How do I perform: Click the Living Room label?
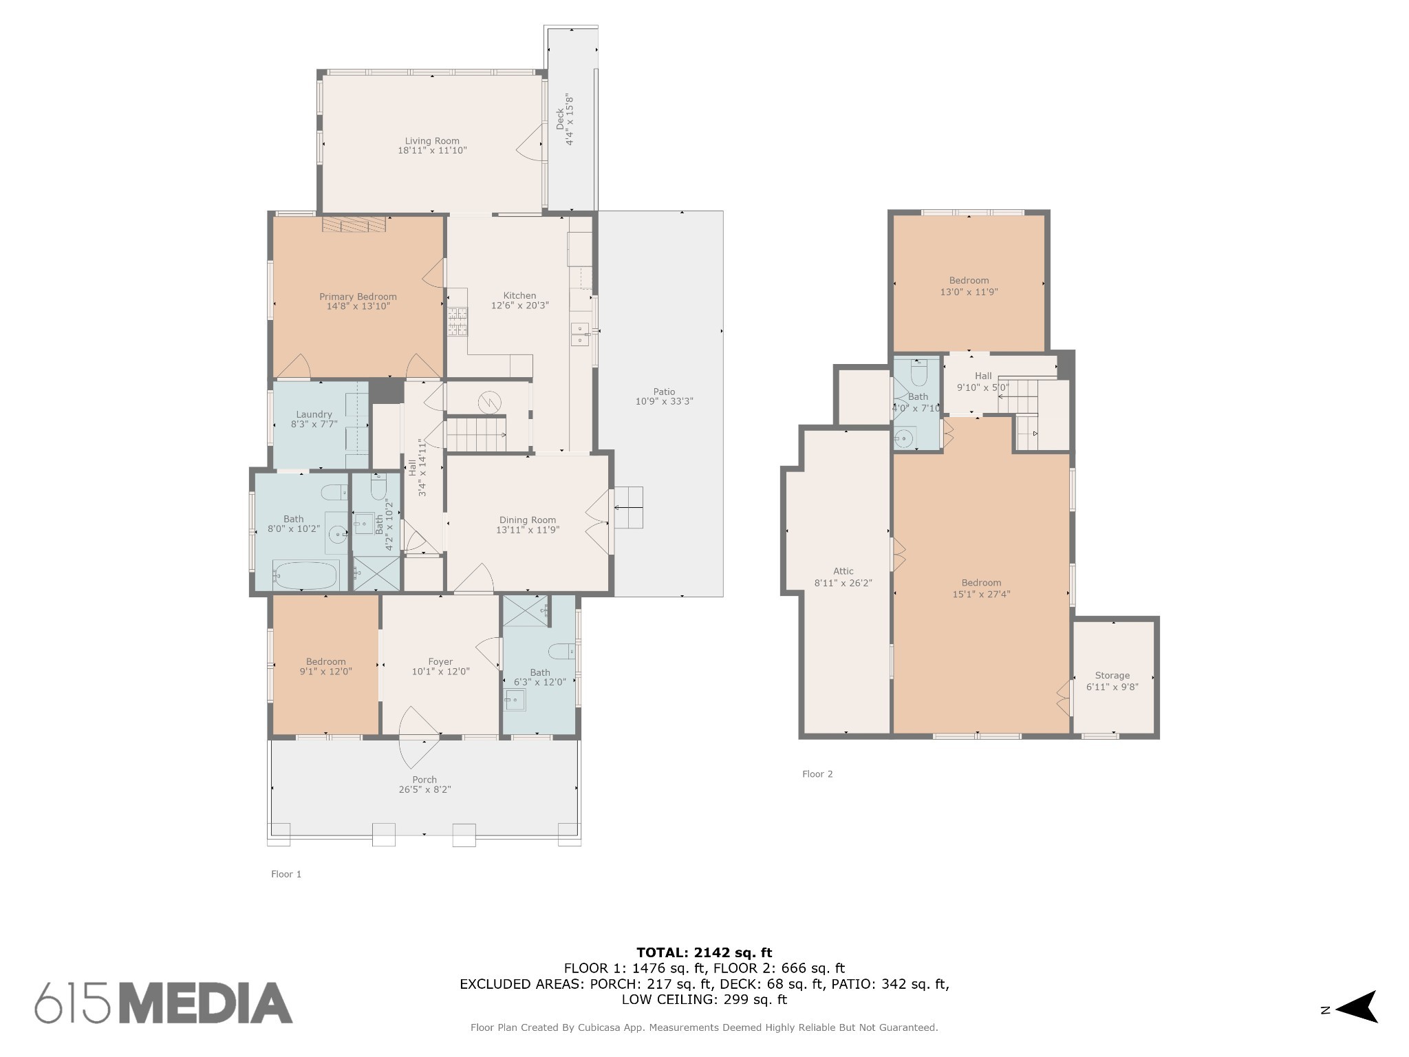tap(432, 141)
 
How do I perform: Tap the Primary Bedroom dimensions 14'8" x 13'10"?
tap(358, 306)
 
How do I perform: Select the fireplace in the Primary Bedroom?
tap(354, 224)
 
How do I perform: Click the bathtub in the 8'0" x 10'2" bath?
tap(306, 575)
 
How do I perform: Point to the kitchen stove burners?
tap(457, 322)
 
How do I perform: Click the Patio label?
tap(664, 392)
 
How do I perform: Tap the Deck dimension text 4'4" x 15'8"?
tap(570, 120)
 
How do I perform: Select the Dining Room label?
tap(528, 520)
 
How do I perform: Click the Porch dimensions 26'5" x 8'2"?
tap(424, 789)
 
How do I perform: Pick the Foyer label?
tap(440, 662)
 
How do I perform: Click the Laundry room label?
tap(314, 414)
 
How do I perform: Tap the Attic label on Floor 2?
tap(843, 571)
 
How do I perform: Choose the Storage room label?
tap(1112, 676)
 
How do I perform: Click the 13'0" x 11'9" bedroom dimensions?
tap(969, 292)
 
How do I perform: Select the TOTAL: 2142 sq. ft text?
tap(704, 952)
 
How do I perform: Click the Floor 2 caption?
tap(817, 774)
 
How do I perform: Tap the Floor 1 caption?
tap(286, 875)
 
